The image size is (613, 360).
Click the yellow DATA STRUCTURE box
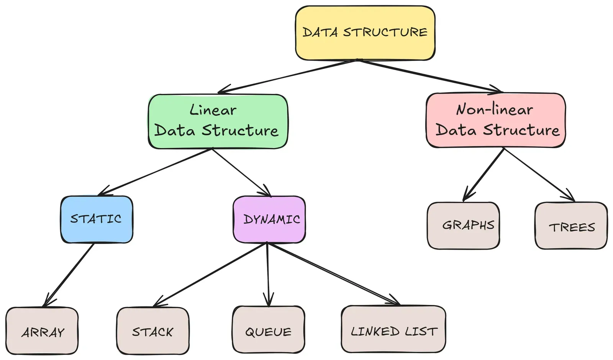[x=365, y=33]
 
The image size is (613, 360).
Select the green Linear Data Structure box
[x=218, y=121]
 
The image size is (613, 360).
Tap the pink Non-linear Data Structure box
[x=496, y=120]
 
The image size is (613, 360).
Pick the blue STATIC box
[x=97, y=219]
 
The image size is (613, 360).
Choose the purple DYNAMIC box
[x=269, y=219]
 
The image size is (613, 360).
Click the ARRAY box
[x=42, y=331]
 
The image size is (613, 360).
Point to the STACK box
[x=152, y=331]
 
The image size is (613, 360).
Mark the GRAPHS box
[x=463, y=225]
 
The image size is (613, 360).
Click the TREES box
[x=571, y=226]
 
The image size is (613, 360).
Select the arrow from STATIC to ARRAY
[x=69, y=275]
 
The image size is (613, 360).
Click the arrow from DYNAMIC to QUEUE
[x=267, y=274]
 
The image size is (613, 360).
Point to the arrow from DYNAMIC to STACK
[x=209, y=275]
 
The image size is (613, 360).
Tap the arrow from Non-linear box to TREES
[x=539, y=174]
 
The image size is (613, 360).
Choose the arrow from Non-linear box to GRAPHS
[x=484, y=174]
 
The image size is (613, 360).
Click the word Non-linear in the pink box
[x=494, y=110]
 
